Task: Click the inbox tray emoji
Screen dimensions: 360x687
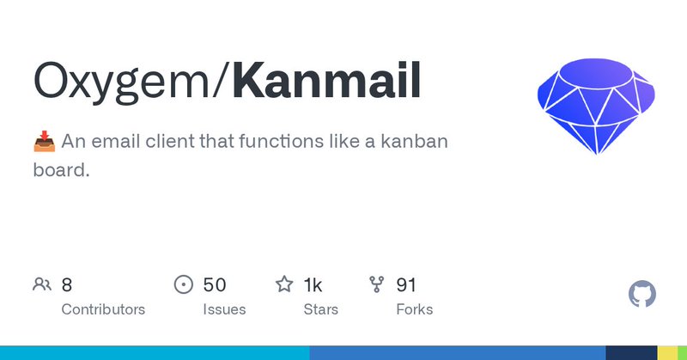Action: pyautogui.click(x=44, y=141)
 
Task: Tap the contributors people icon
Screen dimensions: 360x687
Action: pyautogui.click(x=42, y=284)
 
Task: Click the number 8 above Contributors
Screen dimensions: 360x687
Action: pyautogui.click(x=67, y=284)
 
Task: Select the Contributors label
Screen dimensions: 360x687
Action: pyautogui.click(x=103, y=309)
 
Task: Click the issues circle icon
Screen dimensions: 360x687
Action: pyautogui.click(x=184, y=284)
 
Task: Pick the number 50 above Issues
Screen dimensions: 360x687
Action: pyautogui.click(x=215, y=284)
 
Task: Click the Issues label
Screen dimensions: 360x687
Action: pyautogui.click(x=224, y=309)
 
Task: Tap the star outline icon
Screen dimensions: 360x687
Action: pyautogui.click(x=284, y=284)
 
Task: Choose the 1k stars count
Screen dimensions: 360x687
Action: pyautogui.click(x=313, y=284)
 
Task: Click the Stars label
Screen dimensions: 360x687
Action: pyautogui.click(x=320, y=309)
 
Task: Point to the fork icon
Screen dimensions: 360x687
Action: pyautogui.click(x=376, y=284)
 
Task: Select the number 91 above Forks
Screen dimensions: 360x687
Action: pyautogui.click(x=406, y=284)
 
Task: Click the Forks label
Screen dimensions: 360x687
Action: pyautogui.click(x=414, y=309)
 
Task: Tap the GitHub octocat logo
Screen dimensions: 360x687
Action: pyautogui.click(x=642, y=295)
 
